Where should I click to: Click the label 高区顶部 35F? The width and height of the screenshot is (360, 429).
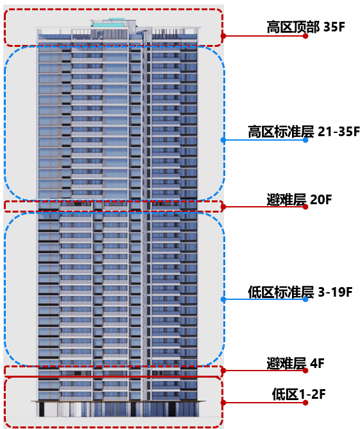click(x=305, y=27)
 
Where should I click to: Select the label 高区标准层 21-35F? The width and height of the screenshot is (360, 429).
click(x=304, y=132)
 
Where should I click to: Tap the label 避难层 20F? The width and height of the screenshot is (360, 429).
click(x=299, y=200)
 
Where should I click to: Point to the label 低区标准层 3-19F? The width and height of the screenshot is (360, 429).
click(x=300, y=292)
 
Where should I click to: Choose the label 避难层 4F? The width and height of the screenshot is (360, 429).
click(x=295, y=363)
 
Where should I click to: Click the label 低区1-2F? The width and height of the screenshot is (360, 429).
click(x=298, y=394)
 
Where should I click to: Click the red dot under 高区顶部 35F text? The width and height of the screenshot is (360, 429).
click(x=305, y=36)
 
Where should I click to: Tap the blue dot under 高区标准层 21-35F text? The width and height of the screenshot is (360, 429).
click(x=305, y=140)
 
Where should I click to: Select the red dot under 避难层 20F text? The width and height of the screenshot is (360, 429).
click(x=305, y=207)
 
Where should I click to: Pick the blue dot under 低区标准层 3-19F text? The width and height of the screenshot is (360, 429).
click(x=305, y=299)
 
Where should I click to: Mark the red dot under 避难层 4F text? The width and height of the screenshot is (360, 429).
click(x=305, y=371)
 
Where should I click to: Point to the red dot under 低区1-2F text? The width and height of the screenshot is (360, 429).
click(x=305, y=403)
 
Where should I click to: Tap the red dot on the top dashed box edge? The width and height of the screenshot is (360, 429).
click(x=223, y=36)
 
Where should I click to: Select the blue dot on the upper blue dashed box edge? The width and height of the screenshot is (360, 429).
click(x=223, y=140)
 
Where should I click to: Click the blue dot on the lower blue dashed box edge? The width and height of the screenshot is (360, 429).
click(x=223, y=299)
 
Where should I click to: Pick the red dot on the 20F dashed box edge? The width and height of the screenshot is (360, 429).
click(x=223, y=207)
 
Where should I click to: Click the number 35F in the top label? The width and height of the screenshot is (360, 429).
click(x=334, y=27)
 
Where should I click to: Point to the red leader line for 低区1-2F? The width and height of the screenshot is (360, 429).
click(x=264, y=403)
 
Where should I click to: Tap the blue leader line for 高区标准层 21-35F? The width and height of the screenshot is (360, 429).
click(x=264, y=140)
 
